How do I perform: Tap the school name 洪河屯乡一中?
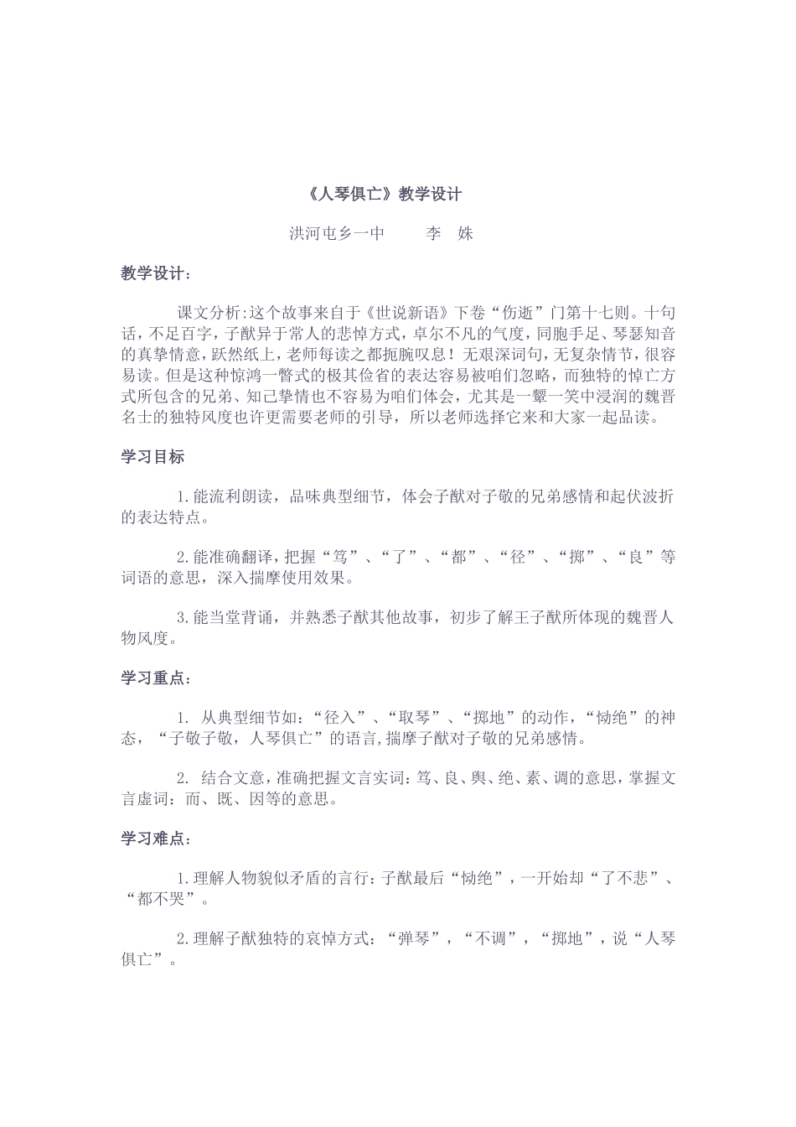tap(337, 233)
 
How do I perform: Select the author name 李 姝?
tap(450, 233)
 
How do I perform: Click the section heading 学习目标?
tap(152, 457)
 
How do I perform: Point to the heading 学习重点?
tap(156, 678)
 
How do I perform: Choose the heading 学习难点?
tap(156, 839)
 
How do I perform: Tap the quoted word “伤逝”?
tap(518, 314)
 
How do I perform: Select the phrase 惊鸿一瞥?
tap(272, 375)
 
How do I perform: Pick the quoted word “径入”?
tap(339, 718)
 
